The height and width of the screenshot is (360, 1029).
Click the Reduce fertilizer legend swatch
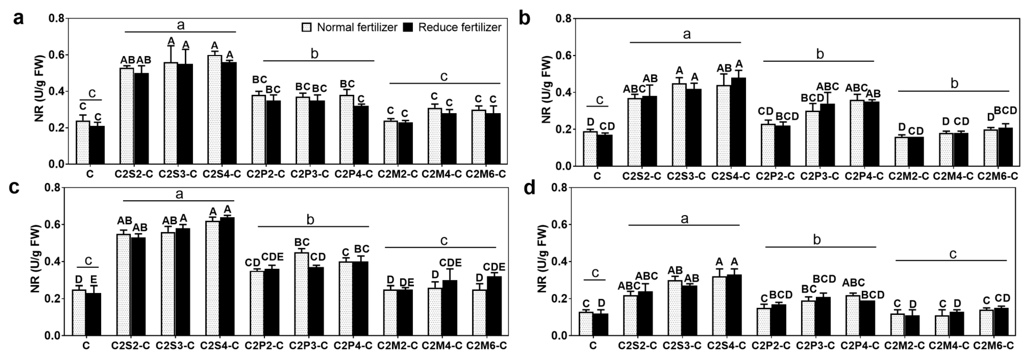[x=408, y=27]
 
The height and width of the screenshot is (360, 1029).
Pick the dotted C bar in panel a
[x=83, y=142]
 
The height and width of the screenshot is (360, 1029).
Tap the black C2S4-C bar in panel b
[x=739, y=122]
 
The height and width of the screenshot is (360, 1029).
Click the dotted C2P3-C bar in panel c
[x=301, y=294]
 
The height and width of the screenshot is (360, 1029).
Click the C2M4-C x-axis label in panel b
[x=953, y=176]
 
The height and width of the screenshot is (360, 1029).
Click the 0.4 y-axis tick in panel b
[x=563, y=92]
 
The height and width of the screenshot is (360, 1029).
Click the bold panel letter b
[x=525, y=18]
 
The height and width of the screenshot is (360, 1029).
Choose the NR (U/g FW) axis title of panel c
[x=36, y=259]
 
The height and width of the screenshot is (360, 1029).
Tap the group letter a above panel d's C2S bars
[x=684, y=218]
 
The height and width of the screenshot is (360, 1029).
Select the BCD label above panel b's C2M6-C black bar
[x=1005, y=110]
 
